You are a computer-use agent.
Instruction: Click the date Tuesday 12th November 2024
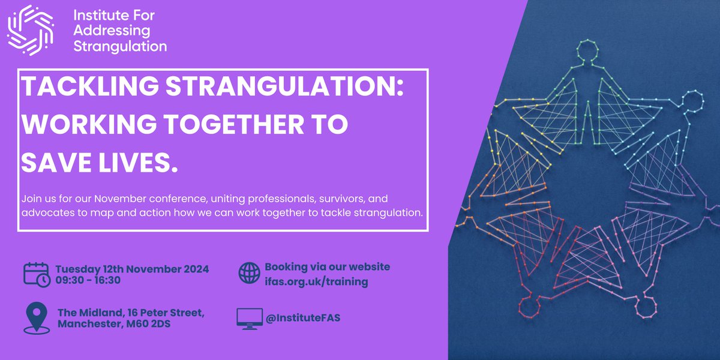click(132, 269)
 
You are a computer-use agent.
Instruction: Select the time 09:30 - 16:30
click(88, 281)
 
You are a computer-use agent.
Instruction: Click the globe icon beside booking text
click(250, 273)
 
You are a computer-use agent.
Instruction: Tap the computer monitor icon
click(249, 318)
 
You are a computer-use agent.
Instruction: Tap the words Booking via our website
click(327, 267)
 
